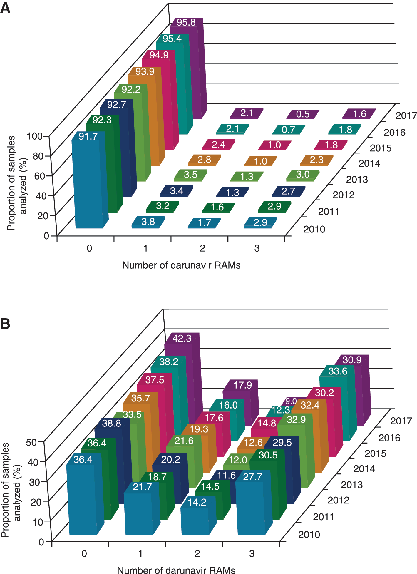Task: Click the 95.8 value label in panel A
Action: pyautogui.click(x=186, y=22)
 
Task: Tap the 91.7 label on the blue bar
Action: pyautogui.click(x=88, y=136)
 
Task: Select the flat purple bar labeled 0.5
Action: pyautogui.click(x=303, y=114)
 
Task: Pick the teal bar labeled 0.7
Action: pyautogui.click(x=289, y=130)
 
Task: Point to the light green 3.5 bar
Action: pyautogui.click(x=190, y=175)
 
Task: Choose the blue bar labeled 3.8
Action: pyautogui.click(x=148, y=222)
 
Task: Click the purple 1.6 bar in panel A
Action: pyautogui.click(x=359, y=114)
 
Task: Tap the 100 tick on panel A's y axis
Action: pyautogui.click(x=35, y=136)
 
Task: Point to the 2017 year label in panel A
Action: pyautogui.click(x=406, y=116)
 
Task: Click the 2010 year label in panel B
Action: pyautogui.click(x=309, y=535)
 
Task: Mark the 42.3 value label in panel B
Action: pyautogui.click(x=182, y=338)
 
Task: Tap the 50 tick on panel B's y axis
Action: pyautogui.click(x=31, y=442)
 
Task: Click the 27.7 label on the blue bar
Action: pyautogui.click(x=252, y=476)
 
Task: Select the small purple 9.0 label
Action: pyautogui.click(x=291, y=401)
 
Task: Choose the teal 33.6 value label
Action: pyautogui.click(x=338, y=371)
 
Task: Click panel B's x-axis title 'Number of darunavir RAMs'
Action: pyautogui.click(x=176, y=570)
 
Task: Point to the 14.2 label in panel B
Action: pyautogui.click(x=197, y=502)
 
